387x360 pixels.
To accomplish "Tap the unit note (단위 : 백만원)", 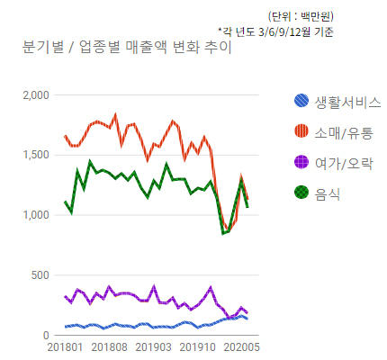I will pyautogui.click(x=302, y=16).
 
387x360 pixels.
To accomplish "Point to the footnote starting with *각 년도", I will pyautogui.click(x=275, y=31).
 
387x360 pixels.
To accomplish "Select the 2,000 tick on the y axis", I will pyautogui.click(x=35, y=94).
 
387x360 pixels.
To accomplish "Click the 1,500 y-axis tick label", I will pyautogui.click(x=35, y=155).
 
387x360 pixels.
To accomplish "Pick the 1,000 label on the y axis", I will pyautogui.click(x=35, y=215).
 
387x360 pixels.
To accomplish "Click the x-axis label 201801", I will pyautogui.click(x=65, y=347).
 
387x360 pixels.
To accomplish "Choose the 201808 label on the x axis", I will pyautogui.click(x=109, y=347).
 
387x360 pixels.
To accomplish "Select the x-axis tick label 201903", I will pyautogui.click(x=153, y=347).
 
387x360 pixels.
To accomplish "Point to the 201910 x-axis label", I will pyautogui.click(x=197, y=347).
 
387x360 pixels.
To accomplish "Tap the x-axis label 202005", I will pyautogui.click(x=241, y=347).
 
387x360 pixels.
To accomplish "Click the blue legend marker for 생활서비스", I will pyautogui.click(x=303, y=102).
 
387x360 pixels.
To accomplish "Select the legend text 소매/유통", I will pyautogui.click(x=344, y=132).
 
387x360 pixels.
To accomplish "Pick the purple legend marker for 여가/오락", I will pyautogui.click(x=303, y=162).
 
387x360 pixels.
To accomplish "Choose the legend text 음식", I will pyautogui.click(x=328, y=193).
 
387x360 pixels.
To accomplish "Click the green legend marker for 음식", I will pyautogui.click(x=303, y=193).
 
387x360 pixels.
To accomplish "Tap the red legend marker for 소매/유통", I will pyautogui.click(x=303, y=132).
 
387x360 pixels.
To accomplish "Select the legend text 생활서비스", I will pyautogui.click(x=348, y=102).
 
